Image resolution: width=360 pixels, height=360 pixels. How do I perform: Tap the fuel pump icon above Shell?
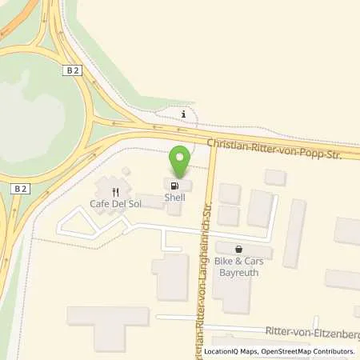(175, 185)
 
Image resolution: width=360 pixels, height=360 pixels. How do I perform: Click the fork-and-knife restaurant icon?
(116, 192)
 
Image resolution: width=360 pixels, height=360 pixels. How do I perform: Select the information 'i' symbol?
(184, 115)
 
